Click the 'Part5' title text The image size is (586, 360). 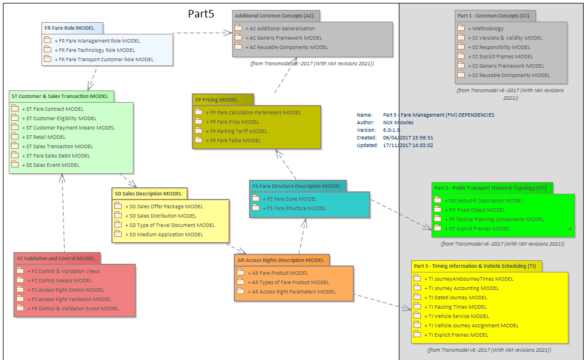pyautogui.click(x=201, y=14)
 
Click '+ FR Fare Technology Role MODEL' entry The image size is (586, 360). pyautogui.click(x=94, y=50)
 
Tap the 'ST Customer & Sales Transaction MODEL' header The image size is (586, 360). pyautogui.click(x=59, y=96)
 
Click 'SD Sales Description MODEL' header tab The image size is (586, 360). pyautogui.click(x=148, y=194)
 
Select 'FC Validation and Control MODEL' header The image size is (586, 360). pyautogui.click(x=56, y=258)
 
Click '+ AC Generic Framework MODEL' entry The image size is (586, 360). pyautogui.click(x=283, y=38)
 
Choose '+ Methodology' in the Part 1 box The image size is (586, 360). pyautogui.click(x=487, y=29)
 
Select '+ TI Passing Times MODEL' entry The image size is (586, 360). pyautogui.click(x=457, y=307)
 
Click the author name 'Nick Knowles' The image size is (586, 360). pyautogui.click(x=399, y=123)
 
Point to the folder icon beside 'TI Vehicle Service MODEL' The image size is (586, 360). pyautogui.click(x=417, y=316)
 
